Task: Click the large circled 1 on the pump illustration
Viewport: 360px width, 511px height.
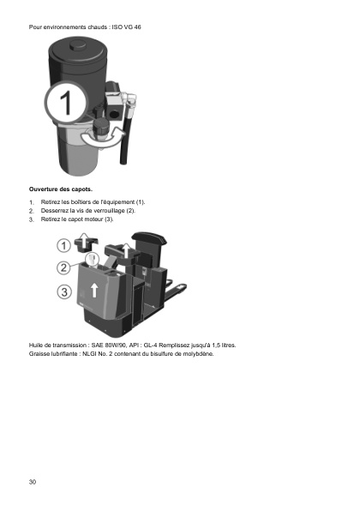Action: click(x=65, y=106)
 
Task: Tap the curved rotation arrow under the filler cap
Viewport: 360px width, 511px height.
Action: click(x=94, y=138)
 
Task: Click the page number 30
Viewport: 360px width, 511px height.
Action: click(x=33, y=483)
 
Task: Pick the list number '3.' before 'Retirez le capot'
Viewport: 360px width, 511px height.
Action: click(x=32, y=219)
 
